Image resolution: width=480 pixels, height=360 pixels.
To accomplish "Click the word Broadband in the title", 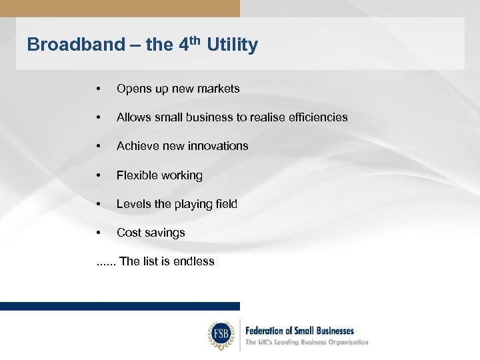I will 75,45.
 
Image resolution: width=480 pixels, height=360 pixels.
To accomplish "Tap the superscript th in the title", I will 197,40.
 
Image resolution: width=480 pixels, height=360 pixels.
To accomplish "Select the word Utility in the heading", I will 232,45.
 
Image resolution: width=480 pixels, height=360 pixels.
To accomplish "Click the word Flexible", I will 136,175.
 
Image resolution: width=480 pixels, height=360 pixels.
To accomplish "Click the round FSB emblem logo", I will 221,335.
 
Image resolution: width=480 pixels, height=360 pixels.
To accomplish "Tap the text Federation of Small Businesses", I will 299,331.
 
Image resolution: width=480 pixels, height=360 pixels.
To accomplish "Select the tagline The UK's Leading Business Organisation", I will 307,342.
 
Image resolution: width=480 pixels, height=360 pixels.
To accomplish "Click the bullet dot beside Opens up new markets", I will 98,89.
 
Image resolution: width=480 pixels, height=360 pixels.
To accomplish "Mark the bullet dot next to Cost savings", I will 98,233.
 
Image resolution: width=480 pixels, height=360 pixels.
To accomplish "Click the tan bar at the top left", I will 120,8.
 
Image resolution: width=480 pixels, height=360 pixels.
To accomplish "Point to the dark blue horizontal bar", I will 120,306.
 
